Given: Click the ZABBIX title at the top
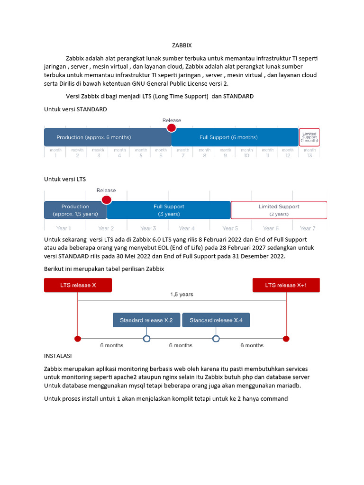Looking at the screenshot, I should coord(182,45).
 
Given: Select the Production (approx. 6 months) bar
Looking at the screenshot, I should coord(108,137).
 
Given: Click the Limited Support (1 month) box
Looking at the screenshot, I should coord(309,137).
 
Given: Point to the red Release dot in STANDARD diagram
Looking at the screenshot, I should coord(172,128).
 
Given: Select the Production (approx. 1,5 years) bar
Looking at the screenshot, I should coord(75,210).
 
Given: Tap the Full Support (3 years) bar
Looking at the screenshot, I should coord(169,210).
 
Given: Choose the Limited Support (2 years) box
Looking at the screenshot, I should coord(279,210).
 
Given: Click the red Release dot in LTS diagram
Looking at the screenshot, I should coord(107,200).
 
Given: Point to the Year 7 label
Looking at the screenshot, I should coord(308,228).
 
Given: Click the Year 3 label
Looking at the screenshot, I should coord(148,228).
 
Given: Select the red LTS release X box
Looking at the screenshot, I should coord(78,285).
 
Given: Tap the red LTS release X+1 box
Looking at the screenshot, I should coord(286,285).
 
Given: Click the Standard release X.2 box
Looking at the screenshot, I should coord(146,320).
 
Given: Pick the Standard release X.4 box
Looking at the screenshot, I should coord(216,320).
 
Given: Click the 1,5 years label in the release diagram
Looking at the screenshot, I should coord(182,294).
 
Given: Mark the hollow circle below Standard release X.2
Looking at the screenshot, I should coord(146,339).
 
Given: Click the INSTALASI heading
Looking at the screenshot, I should coord(59,356).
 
